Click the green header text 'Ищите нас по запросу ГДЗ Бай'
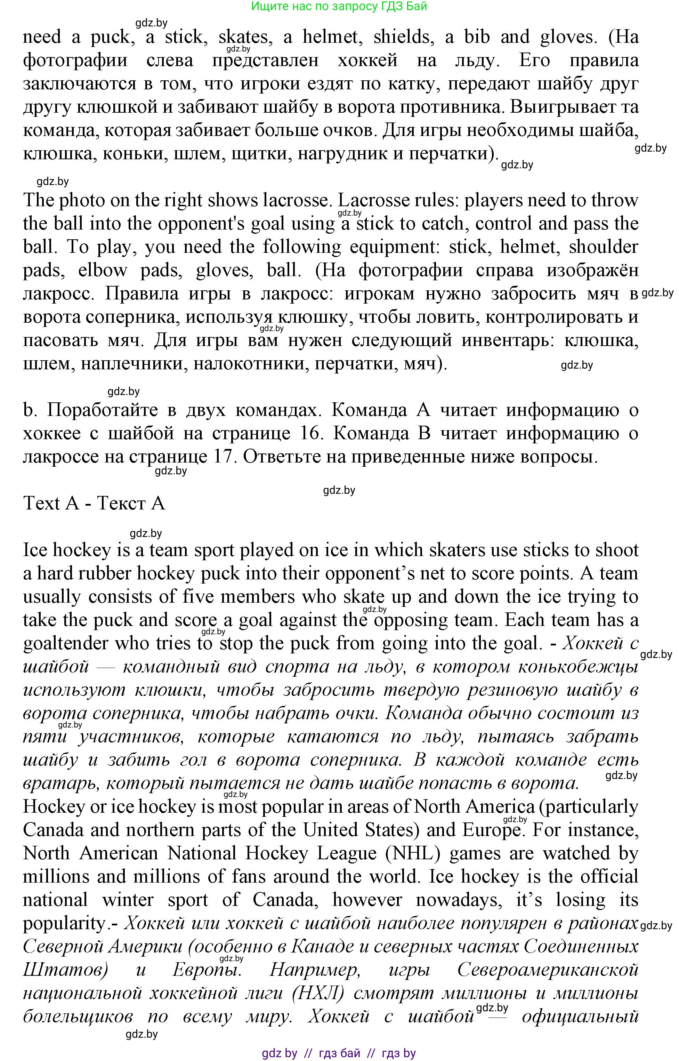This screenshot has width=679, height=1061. click(339, 6)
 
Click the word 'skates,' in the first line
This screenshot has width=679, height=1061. click(243, 37)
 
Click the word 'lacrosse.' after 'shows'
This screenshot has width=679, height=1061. click(296, 201)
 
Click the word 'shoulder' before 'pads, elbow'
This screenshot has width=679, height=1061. click(603, 247)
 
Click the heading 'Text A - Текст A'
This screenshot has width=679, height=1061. click(94, 503)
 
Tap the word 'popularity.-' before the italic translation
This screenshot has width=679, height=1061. click(70, 923)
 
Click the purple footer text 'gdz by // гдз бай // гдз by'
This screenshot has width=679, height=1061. click(339, 1053)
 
